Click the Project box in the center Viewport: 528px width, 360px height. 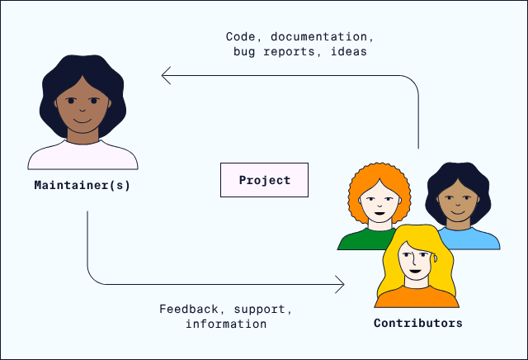[264, 180]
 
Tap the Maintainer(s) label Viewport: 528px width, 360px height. [82, 186]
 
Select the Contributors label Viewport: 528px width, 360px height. [417, 323]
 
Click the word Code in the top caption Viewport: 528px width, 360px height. [239, 37]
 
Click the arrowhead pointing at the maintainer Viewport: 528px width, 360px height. [167, 77]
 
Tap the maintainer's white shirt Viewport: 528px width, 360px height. [82, 155]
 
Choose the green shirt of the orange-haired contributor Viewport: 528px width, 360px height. [360, 240]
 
